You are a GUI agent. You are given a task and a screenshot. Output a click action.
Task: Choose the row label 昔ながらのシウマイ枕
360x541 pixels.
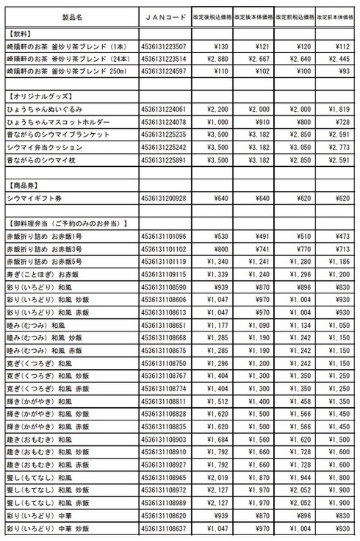coord(43,160)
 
